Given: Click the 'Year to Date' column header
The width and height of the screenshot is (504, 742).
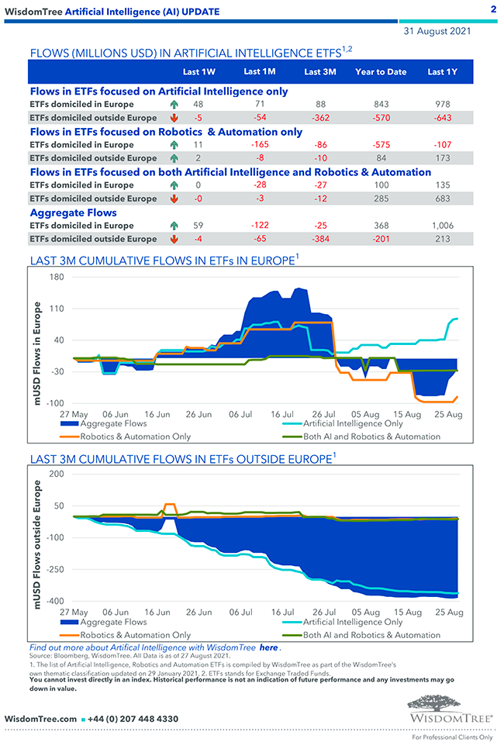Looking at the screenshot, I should (381, 72).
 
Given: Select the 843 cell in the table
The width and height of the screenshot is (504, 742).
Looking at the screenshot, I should (381, 104).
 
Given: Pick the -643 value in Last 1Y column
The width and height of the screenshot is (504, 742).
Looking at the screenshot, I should (441, 118).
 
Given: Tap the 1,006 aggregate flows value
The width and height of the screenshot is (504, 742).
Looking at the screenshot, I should (441, 226).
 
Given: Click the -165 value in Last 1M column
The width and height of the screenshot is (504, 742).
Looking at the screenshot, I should (259, 144).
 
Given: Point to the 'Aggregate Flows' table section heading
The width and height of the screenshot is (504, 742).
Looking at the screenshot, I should (73, 212).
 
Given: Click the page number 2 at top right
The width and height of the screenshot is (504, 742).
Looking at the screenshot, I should (493, 9).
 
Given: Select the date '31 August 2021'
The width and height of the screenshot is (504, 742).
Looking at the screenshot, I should (436, 33).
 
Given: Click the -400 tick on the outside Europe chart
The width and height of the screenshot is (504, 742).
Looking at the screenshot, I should (54, 602).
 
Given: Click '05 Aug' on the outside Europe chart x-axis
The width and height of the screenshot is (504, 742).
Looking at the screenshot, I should (366, 613).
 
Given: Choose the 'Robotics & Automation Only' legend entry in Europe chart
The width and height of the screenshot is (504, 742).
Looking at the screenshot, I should (147, 437).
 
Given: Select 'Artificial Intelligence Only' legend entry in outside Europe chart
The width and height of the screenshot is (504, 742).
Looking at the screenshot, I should (353, 622).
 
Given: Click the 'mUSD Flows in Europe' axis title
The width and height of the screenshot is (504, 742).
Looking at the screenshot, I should (36, 354).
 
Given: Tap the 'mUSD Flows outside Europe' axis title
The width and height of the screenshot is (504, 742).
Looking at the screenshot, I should (36, 544).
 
